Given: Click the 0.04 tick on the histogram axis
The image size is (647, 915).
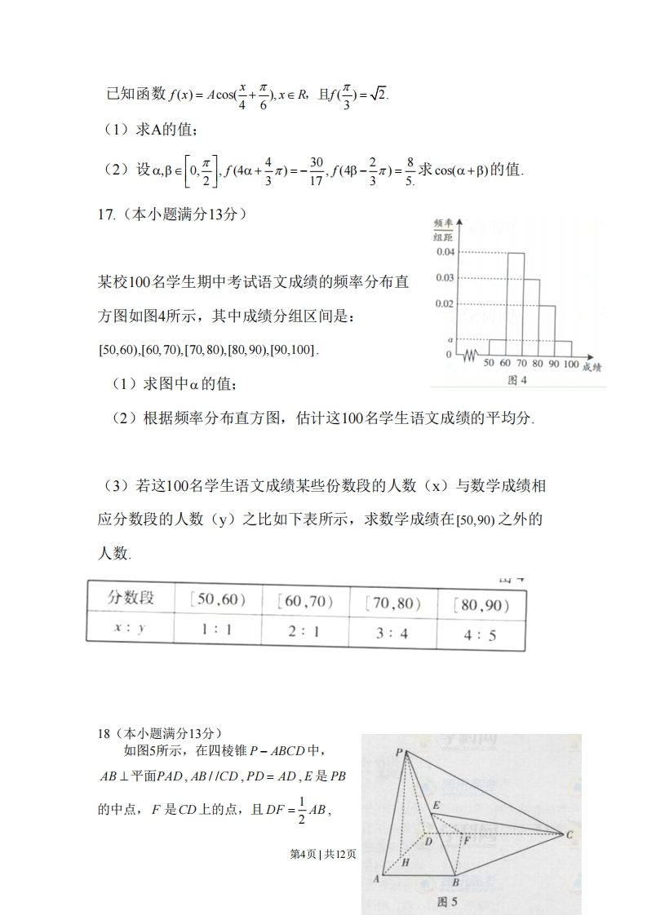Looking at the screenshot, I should coord(444,252).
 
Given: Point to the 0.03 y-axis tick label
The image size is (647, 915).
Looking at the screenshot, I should coord(444,278).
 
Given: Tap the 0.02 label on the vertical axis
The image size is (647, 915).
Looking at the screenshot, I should coord(444,304).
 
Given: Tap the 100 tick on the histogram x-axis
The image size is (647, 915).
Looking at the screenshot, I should coord(570,364).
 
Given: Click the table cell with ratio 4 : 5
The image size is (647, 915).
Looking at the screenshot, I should coord(480,634).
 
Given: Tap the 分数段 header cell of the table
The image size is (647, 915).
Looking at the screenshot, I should coord(131,597).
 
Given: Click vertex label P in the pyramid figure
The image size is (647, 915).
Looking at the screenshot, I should coord(399,754).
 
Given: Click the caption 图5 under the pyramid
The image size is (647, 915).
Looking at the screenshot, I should coord(448,902).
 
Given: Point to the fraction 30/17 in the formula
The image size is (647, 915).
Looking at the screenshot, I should coord(317,170).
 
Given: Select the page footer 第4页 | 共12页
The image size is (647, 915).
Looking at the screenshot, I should coord(324,854).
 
